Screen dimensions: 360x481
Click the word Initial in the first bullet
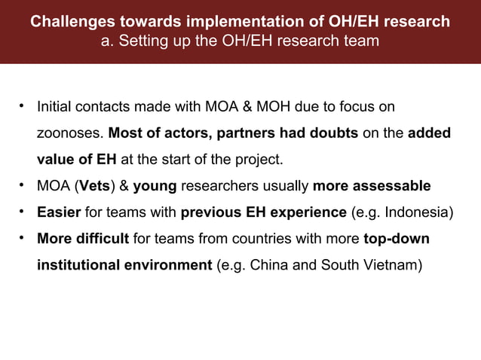click(54, 107)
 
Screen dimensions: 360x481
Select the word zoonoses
click(70, 134)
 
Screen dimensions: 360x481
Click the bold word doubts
click(329, 133)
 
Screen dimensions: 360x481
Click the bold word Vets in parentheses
click(94, 186)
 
